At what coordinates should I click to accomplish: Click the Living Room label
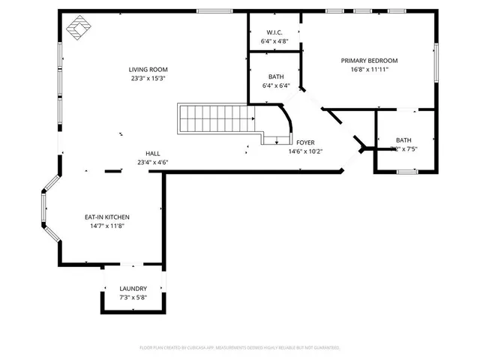(x=147, y=70)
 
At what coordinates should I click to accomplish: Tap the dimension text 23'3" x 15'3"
(x=147, y=78)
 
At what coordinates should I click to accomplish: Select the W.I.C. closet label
(x=274, y=33)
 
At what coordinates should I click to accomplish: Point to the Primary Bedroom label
(x=369, y=61)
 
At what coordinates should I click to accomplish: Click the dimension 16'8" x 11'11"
(x=369, y=69)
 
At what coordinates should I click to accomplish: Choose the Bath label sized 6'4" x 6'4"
(x=276, y=77)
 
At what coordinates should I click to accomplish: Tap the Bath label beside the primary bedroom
(x=404, y=140)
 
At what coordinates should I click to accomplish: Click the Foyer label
(x=305, y=142)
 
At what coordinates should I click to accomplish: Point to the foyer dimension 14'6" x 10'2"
(x=305, y=151)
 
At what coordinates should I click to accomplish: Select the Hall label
(x=152, y=154)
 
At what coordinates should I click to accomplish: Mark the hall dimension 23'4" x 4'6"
(x=152, y=162)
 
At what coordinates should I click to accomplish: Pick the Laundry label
(x=133, y=289)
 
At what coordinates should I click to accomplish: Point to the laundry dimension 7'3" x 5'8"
(x=133, y=297)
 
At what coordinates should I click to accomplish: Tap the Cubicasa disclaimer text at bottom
(x=240, y=348)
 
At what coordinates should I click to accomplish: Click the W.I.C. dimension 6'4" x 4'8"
(x=274, y=41)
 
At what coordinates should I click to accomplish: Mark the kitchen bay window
(x=46, y=209)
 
